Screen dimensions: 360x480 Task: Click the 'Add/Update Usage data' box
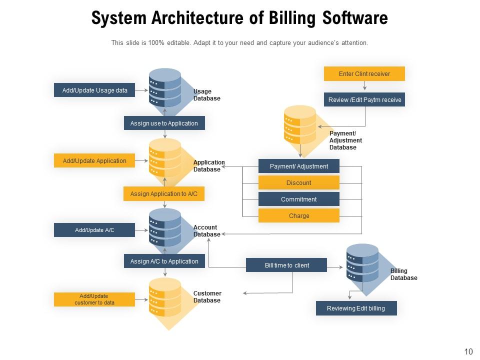point(94,90)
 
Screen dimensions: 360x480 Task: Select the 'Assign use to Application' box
point(164,123)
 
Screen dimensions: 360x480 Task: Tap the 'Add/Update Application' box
point(94,161)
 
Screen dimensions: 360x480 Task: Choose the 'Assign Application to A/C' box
point(164,194)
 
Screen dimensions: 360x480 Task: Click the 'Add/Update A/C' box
point(94,230)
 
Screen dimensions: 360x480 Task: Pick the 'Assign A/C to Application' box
point(164,261)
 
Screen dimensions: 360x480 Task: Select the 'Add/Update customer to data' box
point(94,299)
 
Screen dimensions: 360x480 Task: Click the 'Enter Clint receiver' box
point(364,74)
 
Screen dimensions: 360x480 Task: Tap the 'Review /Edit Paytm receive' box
point(364,100)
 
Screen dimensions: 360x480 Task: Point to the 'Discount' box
point(298,183)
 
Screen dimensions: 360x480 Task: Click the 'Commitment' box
point(298,199)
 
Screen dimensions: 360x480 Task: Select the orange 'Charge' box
point(298,216)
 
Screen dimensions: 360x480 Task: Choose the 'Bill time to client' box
point(286,265)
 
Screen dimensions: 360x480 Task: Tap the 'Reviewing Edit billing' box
point(356,308)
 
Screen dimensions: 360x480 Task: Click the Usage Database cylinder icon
point(165,87)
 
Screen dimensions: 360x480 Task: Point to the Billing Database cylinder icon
point(362,263)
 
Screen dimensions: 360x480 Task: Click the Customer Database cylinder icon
point(165,297)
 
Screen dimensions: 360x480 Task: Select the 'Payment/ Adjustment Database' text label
point(345,140)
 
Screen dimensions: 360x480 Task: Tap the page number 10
point(468,352)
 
